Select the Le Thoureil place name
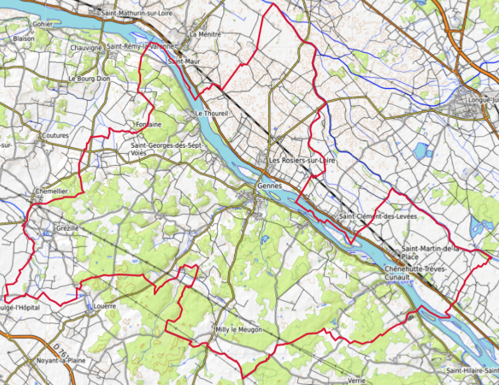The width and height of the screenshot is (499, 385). [212, 114]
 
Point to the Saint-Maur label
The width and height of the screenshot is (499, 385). [184, 61]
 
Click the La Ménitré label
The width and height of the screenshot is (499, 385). [204, 34]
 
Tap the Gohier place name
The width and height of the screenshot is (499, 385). [42, 24]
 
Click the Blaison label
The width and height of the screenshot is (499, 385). [23, 39]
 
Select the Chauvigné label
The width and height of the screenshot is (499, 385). [86, 48]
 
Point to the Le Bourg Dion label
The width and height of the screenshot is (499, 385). [89, 79]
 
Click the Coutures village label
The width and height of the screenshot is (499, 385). [55, 135]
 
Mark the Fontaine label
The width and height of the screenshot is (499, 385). [148, 125]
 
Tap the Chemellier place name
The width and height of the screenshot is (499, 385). [51, 191]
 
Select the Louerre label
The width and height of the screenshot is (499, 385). [105, 307]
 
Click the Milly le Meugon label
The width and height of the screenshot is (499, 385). [238, 330]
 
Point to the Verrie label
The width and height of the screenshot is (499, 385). [356, 380]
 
